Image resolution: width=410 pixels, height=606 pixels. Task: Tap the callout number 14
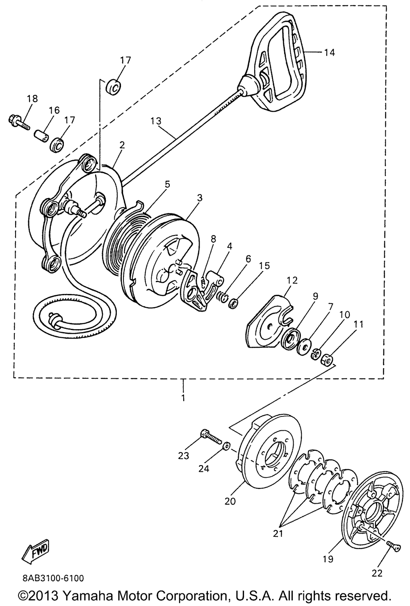329,52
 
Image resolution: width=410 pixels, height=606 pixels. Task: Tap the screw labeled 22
393,545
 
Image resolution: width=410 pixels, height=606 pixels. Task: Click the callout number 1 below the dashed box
183,398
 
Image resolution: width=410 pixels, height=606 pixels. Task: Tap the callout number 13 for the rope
156,121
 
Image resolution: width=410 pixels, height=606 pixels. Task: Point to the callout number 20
230,501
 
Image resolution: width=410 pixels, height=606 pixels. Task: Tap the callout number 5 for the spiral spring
166,184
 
